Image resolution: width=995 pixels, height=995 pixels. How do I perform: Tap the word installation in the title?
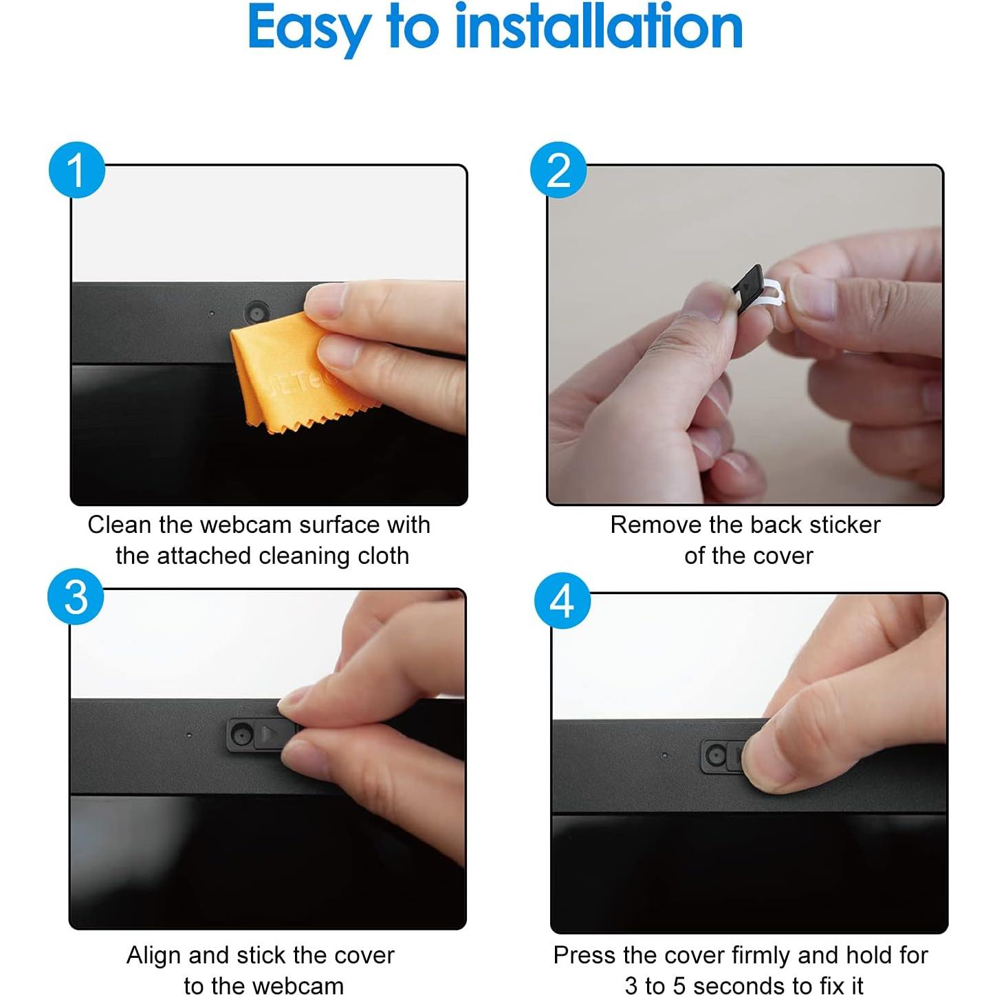(600, 26)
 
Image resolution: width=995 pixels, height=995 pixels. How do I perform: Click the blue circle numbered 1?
(77, 170)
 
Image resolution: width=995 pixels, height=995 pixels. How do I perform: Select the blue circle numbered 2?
(558, 170)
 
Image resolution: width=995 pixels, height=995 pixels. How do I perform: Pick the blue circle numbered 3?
(76, 597)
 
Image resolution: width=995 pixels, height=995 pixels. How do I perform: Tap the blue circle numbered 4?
(562, 600)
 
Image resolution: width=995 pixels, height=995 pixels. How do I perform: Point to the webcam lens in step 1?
(256, 312)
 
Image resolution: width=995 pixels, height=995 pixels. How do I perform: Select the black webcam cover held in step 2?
(749, 288)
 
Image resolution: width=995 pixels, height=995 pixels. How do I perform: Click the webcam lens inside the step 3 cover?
(240, 734)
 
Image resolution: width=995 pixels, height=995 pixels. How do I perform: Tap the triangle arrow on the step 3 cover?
(268, 733)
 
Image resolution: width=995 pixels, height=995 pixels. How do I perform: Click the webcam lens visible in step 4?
(717, 756)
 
